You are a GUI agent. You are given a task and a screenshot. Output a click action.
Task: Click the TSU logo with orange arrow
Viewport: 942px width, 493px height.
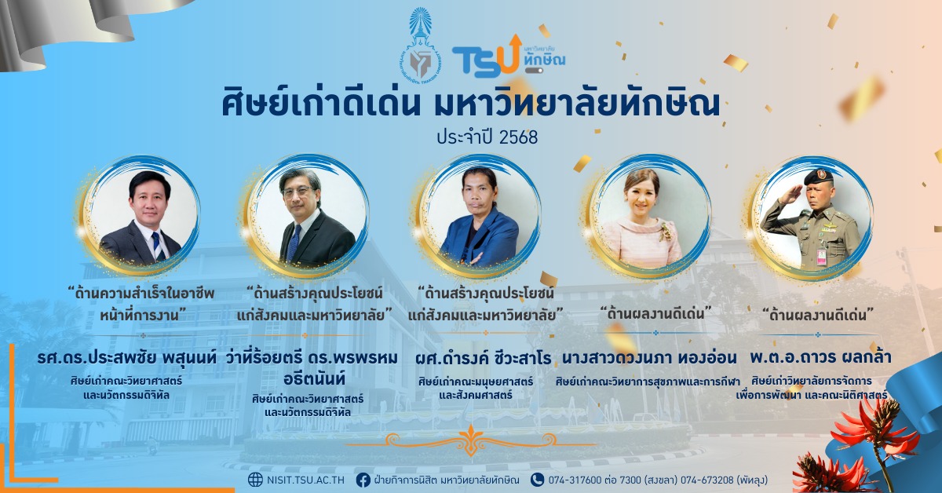(508, 57)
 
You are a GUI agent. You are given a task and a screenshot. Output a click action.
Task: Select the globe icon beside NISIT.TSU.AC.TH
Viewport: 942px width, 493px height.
(255, 480)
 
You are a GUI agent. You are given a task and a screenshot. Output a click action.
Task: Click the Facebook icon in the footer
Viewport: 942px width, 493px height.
(363, 480)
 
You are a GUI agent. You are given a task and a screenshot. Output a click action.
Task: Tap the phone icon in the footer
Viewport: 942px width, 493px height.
(537, 480)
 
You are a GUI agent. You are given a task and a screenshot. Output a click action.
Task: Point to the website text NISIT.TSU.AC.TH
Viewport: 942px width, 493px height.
(305, 480)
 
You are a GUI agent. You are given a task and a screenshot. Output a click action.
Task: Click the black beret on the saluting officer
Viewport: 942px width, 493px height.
(818, 177)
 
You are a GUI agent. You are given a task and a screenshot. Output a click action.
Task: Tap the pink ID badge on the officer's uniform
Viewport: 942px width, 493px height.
(821, 256)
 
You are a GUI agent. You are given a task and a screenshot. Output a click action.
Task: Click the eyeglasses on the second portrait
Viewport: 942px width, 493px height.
(298, 192)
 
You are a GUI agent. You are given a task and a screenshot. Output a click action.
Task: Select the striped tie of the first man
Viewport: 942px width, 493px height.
(158, 246)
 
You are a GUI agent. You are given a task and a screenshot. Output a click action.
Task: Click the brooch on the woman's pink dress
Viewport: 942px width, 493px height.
(665, 232)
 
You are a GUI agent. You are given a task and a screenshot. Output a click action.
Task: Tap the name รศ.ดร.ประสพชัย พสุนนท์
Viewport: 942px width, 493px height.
(127, 358)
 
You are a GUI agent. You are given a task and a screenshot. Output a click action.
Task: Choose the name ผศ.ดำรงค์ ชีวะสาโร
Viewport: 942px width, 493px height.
(483, 359)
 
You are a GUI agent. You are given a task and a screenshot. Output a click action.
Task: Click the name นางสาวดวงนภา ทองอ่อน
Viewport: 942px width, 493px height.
(649, 358)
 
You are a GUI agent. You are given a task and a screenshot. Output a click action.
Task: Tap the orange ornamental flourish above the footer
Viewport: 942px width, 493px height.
(470, 441)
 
